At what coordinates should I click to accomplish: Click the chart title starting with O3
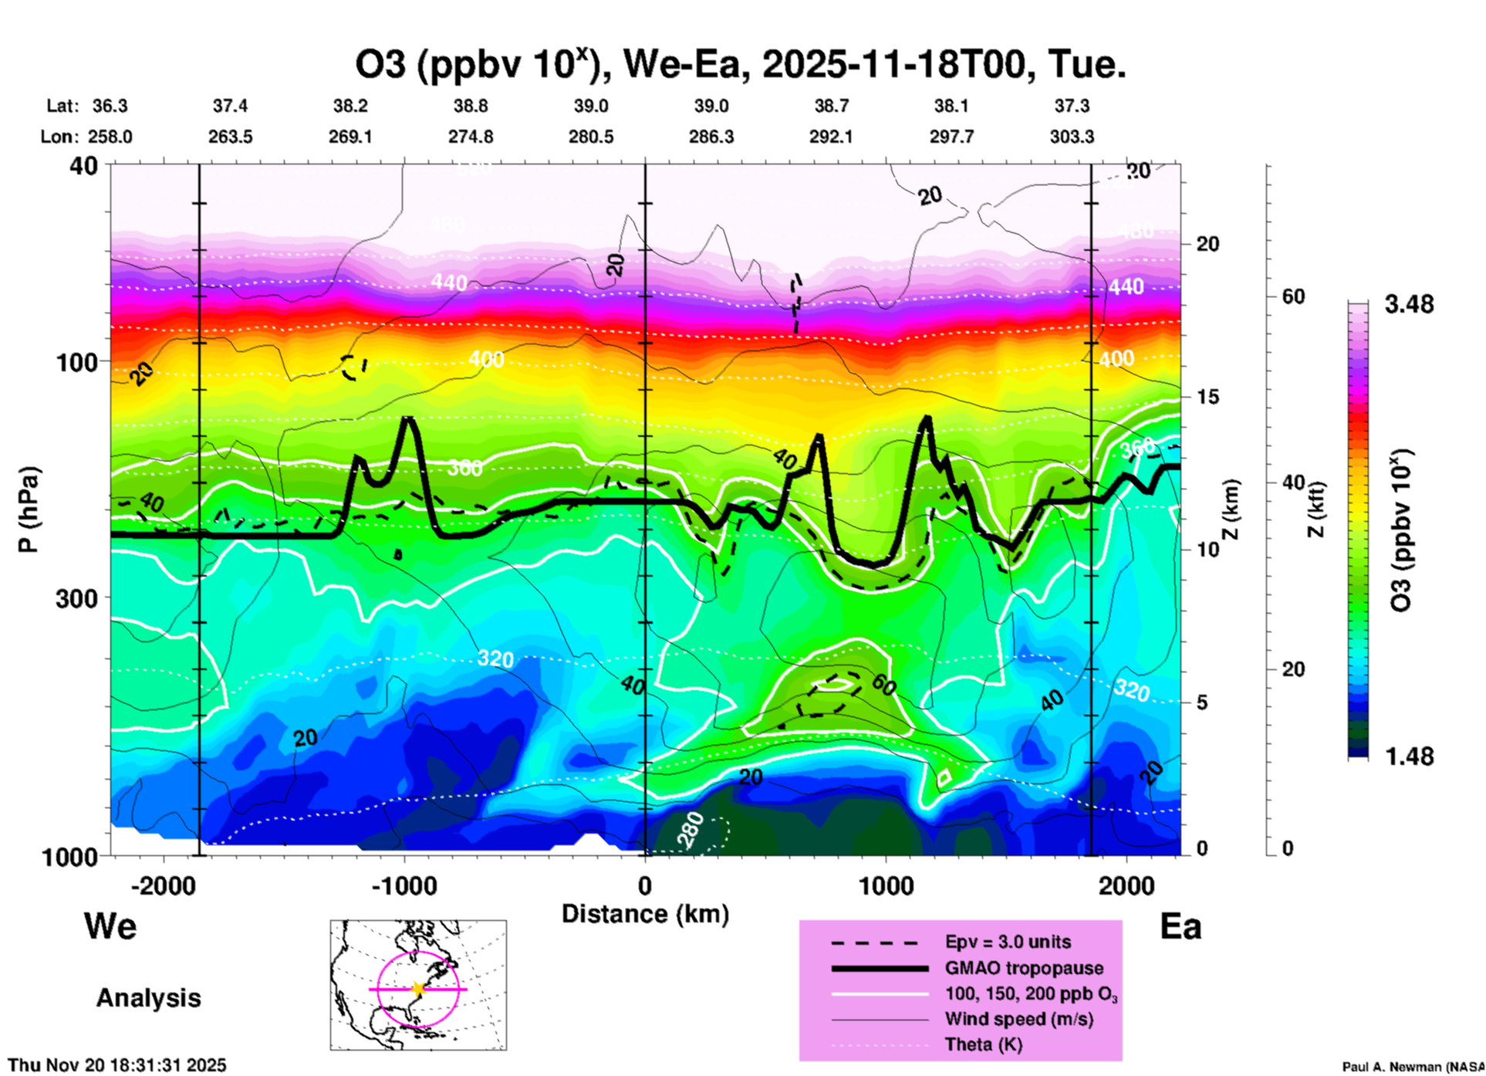[740, 64]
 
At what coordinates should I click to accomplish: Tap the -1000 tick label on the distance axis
[404, 886]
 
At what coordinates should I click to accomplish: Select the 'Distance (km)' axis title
[645, 914]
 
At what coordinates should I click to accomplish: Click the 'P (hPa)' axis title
[28, 509]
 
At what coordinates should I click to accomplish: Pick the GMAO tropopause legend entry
[1024, 968]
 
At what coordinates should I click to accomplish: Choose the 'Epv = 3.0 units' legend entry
[1008, 942]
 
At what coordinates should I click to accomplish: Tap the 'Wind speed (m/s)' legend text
[1018, 1019]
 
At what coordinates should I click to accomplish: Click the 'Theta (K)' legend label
[983, 1044]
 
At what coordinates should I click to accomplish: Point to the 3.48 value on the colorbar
[1409, 305]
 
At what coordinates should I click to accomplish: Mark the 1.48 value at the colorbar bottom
[1409, 756]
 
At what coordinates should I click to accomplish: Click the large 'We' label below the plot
[110, 925]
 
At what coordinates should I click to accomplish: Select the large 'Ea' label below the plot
[1180, 926]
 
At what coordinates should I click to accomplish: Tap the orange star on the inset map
[418, 989]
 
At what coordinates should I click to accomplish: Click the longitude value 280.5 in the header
[591, 137]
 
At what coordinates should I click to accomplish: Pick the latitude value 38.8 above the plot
[471, 106]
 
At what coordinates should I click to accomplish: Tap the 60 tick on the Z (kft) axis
[1293, 296]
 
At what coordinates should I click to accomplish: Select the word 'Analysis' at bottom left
[148, 998]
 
